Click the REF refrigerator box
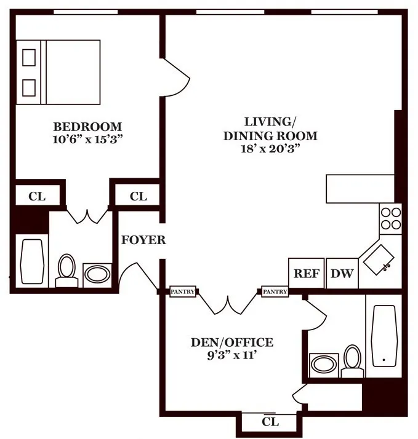[306, 273]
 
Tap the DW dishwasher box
[342, 273]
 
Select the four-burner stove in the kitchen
[390, 218]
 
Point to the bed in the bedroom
[58, 72]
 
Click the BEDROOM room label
[88, 127]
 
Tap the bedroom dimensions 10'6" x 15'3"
[88, 139]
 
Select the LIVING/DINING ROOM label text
[270, 128]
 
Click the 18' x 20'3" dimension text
[270, 148]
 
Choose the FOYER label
[143, 240]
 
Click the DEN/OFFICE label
[231, 342]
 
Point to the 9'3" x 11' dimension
[231, 355]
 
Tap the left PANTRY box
[183, 291]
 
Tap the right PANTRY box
[275, 291]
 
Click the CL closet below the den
[270, 422]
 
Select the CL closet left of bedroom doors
[37, 197]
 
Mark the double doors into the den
[228, 301]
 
